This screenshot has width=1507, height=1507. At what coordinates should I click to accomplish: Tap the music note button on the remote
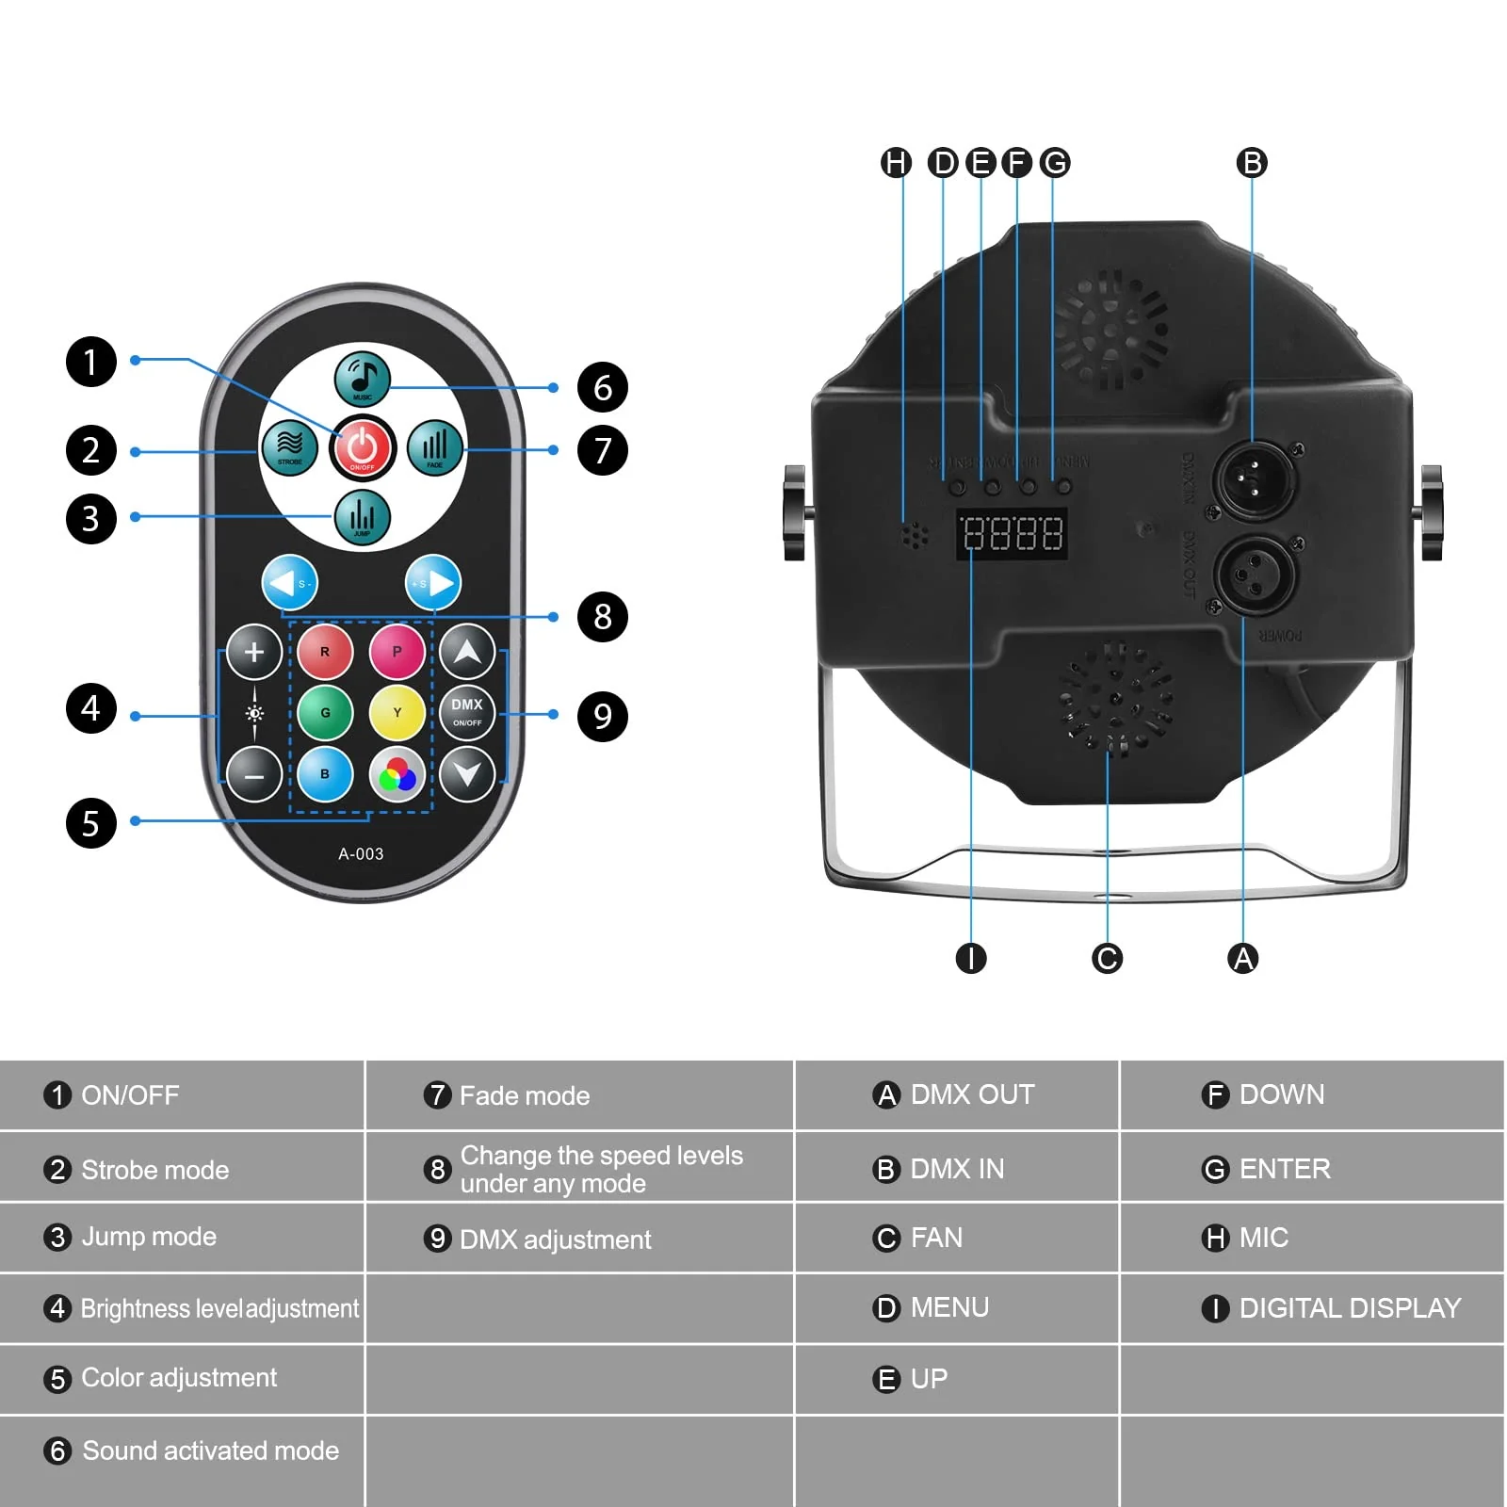point(363,378)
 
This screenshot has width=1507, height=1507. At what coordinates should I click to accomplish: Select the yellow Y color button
point(397,713)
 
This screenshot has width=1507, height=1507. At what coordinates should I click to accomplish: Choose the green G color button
point(325,713)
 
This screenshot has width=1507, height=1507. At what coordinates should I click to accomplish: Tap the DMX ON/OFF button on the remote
point(467,713)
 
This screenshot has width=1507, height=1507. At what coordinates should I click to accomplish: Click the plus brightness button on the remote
point(253,652)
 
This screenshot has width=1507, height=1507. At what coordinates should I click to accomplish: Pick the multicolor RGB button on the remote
point(397,775)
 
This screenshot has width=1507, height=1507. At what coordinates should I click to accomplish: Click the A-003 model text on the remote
point(361,854)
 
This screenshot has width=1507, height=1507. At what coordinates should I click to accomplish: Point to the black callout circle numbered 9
point(602,716)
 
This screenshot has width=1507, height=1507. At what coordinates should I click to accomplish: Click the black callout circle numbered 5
point(90,823)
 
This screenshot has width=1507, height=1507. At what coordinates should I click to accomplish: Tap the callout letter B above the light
point(1252,163)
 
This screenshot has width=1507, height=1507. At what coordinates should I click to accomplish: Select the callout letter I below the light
point(970,959)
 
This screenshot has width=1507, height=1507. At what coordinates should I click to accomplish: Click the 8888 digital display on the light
point(1013,534)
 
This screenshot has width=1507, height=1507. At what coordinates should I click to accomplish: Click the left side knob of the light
point(794,512)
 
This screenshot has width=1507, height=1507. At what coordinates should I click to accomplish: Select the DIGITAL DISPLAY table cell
point(1333,1308)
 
